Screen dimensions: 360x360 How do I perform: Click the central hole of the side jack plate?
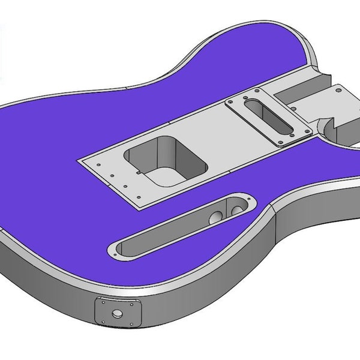(116, 313)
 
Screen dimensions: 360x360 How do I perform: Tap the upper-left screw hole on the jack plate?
(100, 304)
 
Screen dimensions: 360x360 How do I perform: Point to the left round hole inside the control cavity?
(214, 218)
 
